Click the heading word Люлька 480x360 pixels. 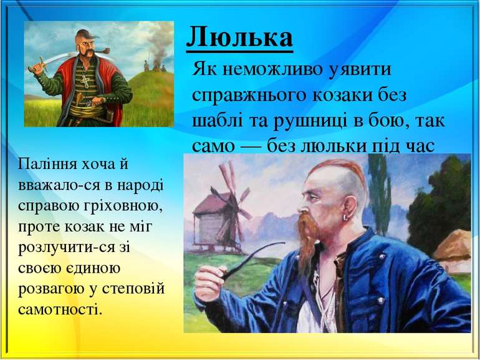point(240,37)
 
